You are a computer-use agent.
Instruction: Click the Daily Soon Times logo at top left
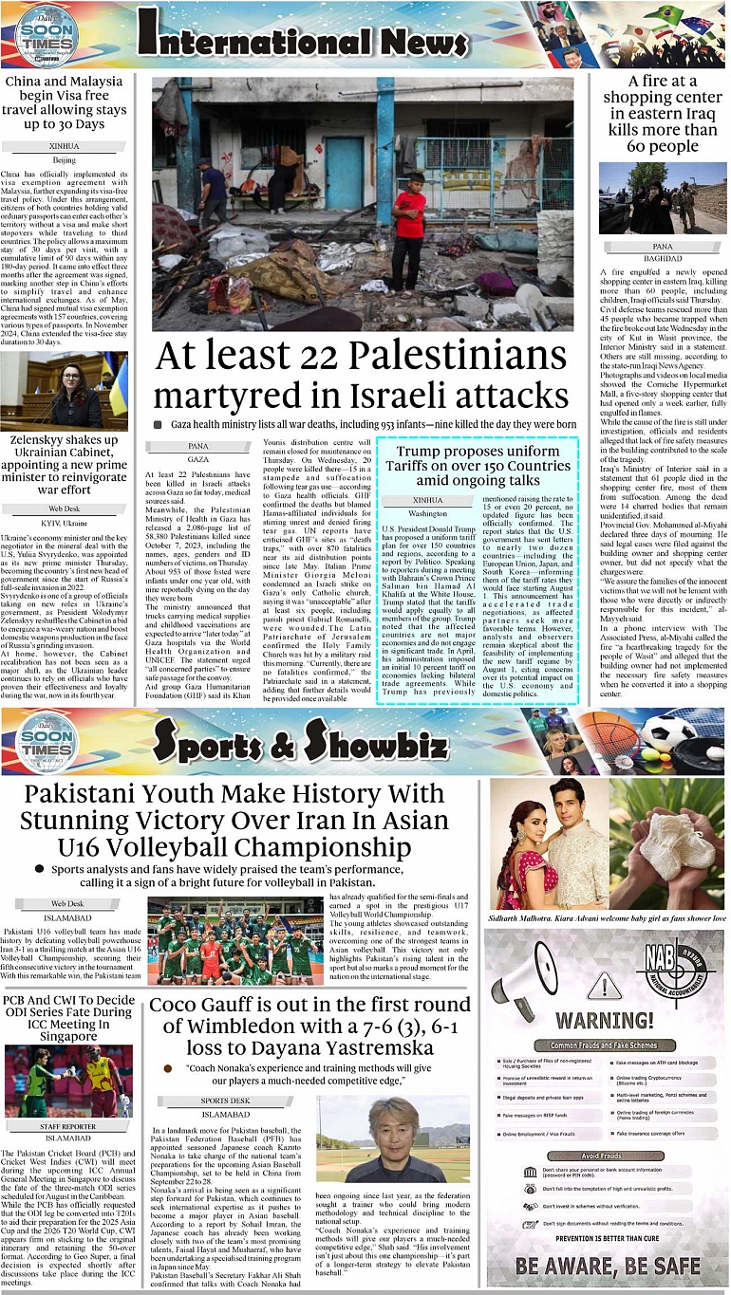click(x=46, y=36)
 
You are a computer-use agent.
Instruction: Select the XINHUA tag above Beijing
click(x=64, y=146)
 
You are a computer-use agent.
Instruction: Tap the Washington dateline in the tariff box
click(x=427, y=512)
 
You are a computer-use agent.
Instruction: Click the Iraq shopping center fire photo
click(x=663, y=198)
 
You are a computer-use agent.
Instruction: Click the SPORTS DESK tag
click(x=225, y=1100)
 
